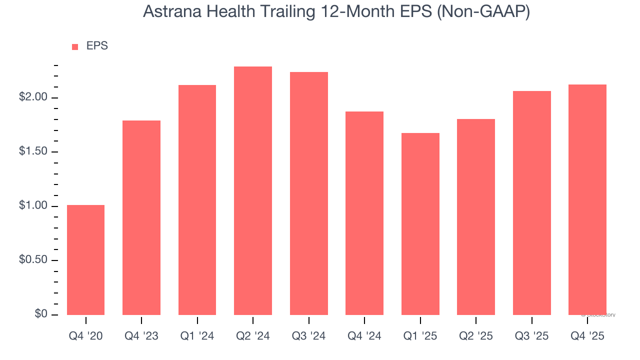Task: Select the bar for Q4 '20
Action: coord(85,260)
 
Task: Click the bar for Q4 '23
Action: coord(141,217)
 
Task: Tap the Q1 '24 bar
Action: coord(197,200)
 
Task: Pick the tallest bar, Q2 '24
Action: coord(253,190)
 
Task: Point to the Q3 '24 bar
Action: coord(309,193)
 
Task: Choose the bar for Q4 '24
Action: coord(364,213)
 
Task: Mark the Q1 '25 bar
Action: coord(420,224)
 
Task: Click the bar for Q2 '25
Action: coord(476,217)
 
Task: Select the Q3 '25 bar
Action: coord(532,203)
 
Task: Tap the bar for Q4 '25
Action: coord(587,199)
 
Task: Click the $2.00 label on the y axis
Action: coord(33,97)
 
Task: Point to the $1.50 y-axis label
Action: coord(33,152)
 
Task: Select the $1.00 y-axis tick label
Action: coord(33,206)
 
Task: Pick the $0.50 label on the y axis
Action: coord(33,260)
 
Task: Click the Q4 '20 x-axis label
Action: coord(85,336)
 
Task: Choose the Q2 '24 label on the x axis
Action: coord(253,336)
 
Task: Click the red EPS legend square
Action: coord(75,47)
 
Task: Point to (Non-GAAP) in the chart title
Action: coord(483,12)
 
